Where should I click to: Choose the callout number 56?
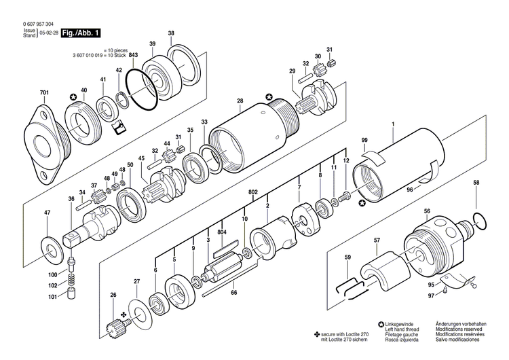(427, 211)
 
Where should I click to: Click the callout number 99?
(364, 140)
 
